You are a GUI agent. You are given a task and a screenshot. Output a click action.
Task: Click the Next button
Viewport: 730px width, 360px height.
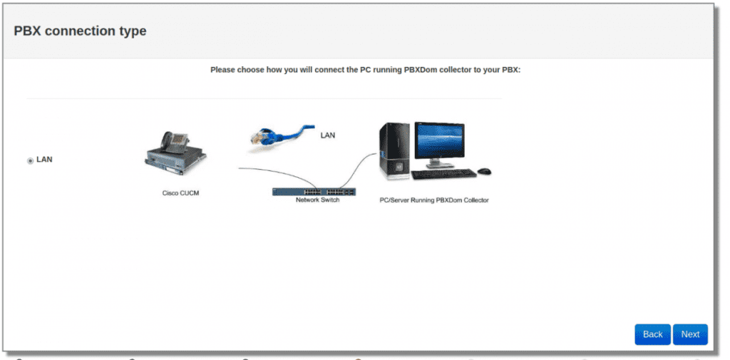(x=690, y=334)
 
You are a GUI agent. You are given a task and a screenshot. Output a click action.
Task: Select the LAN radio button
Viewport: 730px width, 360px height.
(x=30, y=160)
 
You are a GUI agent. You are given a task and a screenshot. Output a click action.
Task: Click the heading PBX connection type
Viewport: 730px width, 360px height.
(x=80, y=31)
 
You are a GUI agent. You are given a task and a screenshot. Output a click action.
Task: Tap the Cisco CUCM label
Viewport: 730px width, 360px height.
(x=180, y=192)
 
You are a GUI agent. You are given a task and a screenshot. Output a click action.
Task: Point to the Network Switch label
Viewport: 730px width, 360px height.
(x=317, y=200)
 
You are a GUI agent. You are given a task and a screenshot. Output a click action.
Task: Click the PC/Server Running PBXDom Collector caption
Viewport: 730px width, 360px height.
(x=434, y=200)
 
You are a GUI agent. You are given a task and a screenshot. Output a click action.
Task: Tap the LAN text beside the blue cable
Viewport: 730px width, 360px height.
(x=328, y=135)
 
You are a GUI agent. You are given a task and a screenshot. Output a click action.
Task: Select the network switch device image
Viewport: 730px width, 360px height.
(x=314, y=192)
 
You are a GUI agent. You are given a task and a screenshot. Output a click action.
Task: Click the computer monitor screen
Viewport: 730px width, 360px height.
(x=439, y=140)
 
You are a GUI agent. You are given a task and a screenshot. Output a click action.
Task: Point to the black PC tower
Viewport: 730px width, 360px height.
(x=394, y=151)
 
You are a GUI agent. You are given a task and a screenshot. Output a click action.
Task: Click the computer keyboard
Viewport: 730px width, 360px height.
(x=444, y=174)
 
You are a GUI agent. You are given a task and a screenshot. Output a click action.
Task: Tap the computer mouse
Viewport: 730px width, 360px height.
(x=484, y=171)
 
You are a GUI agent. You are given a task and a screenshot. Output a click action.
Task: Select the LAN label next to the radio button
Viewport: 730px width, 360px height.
(x=44, y=159)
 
